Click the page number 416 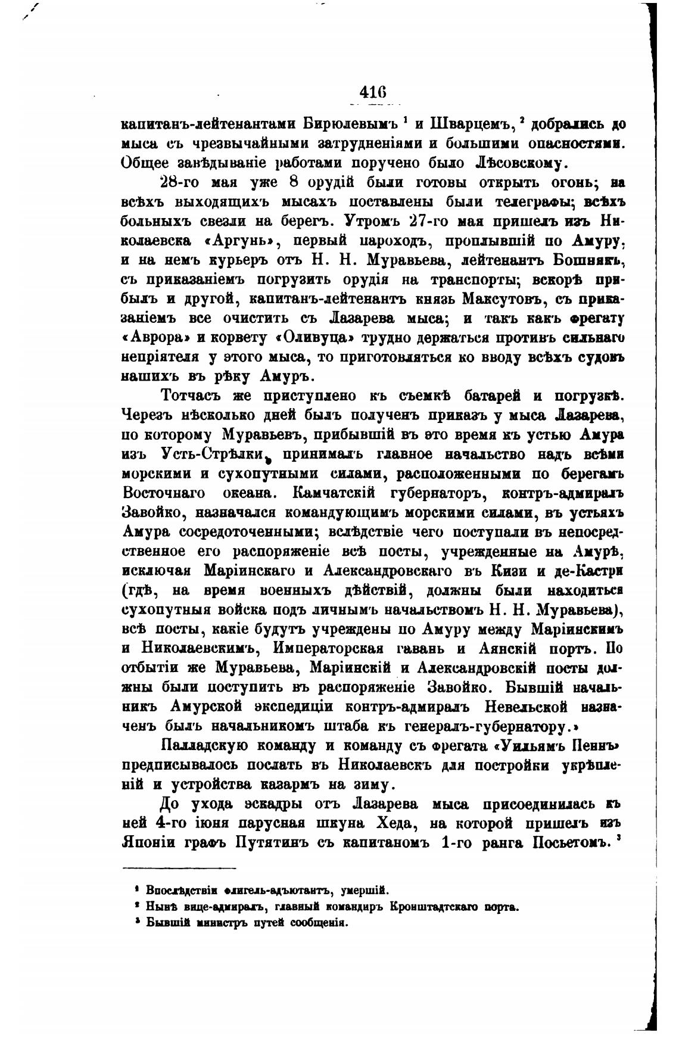pyautogui.click(x=373, y=94)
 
